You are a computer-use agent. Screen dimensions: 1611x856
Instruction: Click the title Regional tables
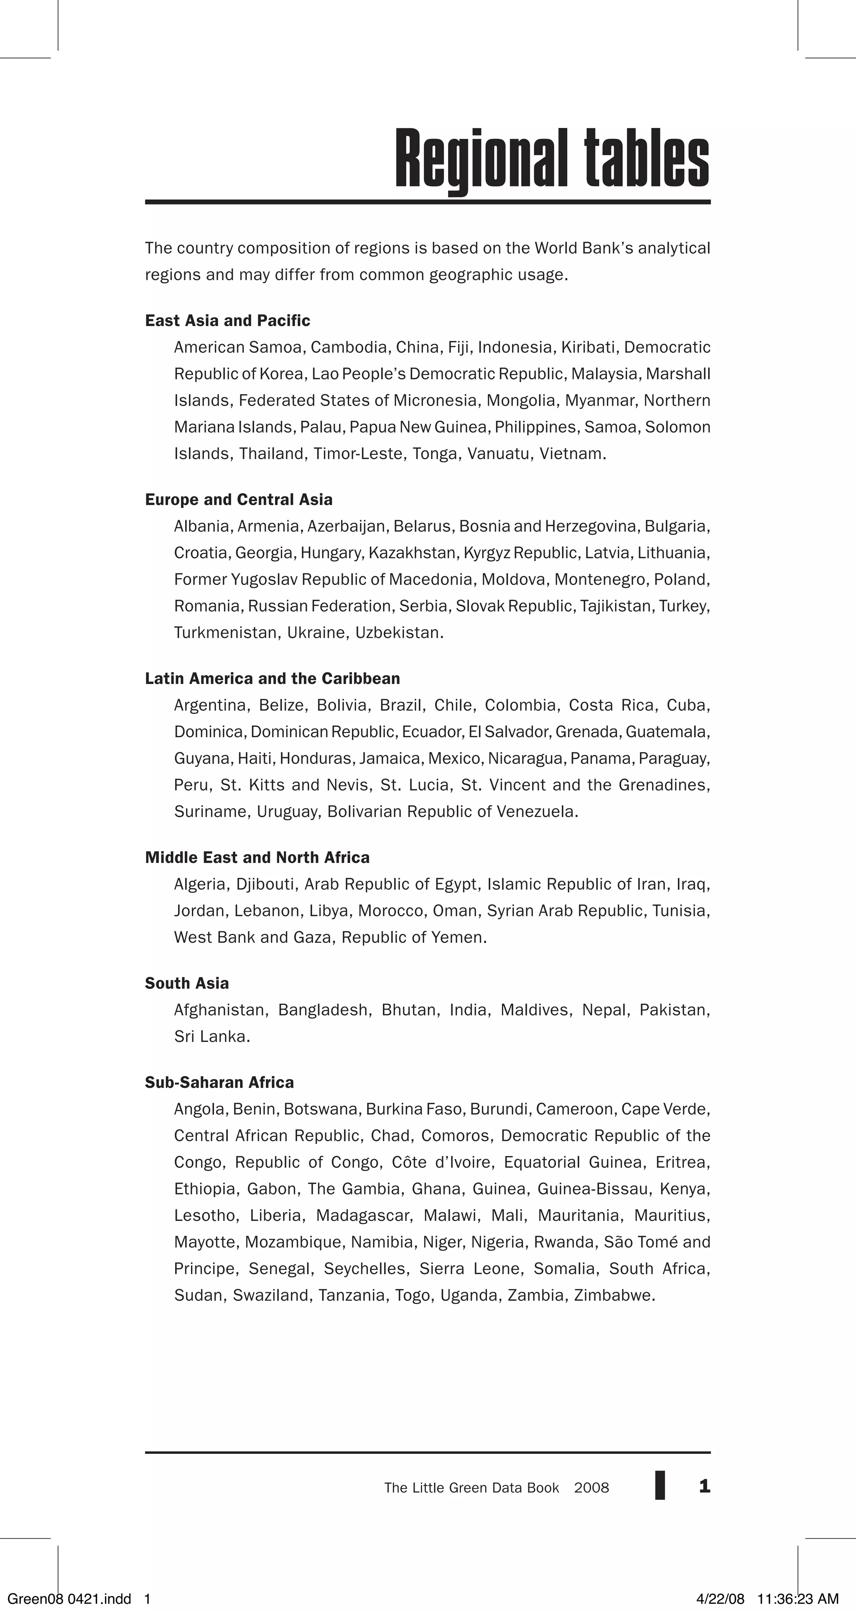tap(552, 159)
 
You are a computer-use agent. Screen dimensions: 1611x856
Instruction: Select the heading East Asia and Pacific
tap(228, 321)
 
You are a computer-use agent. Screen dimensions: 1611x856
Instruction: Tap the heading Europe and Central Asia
tap(239, 500)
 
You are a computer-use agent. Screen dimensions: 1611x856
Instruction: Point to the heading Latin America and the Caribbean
tap(273, 679)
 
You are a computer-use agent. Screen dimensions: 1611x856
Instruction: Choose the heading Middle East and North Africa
tap(257, 858)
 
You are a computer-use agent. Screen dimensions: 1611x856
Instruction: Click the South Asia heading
tap(187, 983)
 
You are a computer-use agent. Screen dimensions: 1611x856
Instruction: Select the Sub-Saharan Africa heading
tap(219, 1083)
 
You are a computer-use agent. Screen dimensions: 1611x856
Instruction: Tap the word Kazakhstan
tap(412, 553)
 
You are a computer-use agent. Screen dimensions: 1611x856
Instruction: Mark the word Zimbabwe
tap(613, 1295)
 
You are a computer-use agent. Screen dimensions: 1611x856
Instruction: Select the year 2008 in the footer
tap(591, 1488)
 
